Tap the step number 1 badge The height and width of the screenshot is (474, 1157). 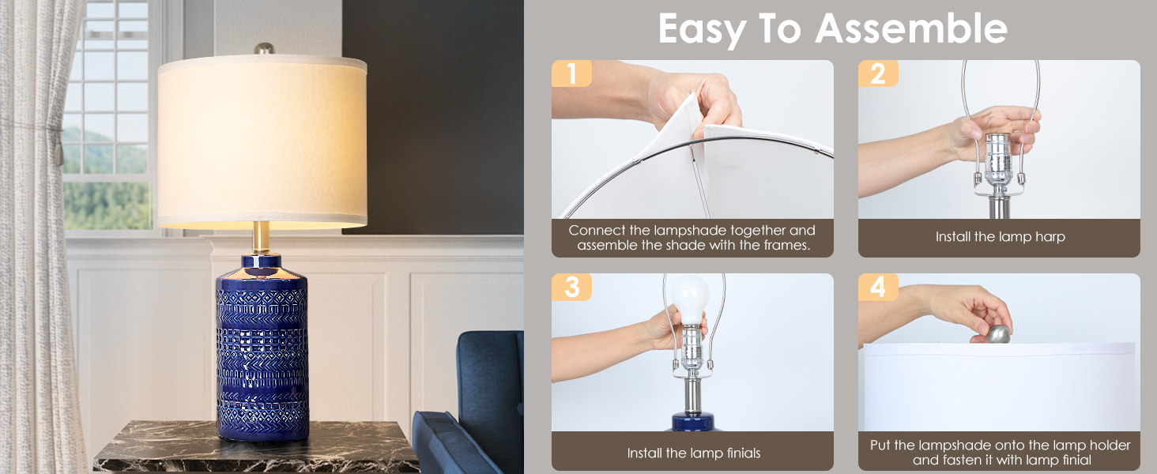571,73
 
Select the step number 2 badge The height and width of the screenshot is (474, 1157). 878,73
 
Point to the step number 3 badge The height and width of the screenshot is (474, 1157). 571,287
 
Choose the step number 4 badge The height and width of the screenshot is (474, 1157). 878,287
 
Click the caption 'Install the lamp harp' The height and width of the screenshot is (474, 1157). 1000,237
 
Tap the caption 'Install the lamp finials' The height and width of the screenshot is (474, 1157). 693,453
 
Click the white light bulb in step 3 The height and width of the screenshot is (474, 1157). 689,297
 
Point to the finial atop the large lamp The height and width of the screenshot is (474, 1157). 263,49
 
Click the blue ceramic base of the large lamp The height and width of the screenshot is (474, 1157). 262,348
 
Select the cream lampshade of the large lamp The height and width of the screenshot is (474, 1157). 262,142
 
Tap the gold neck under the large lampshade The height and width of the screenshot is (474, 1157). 262,238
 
